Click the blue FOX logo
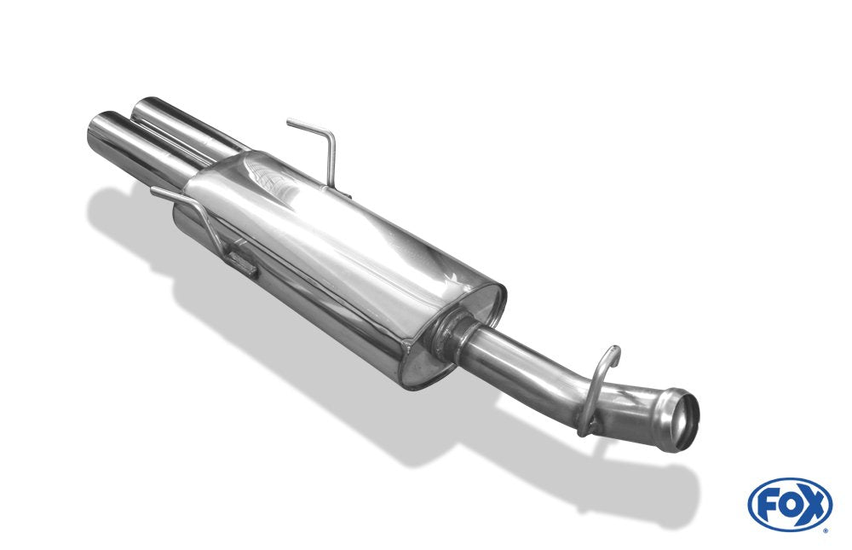[790, 504]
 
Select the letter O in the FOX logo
[789, 505]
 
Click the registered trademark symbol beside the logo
[826, 530]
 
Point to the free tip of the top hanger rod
[290, 123]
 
